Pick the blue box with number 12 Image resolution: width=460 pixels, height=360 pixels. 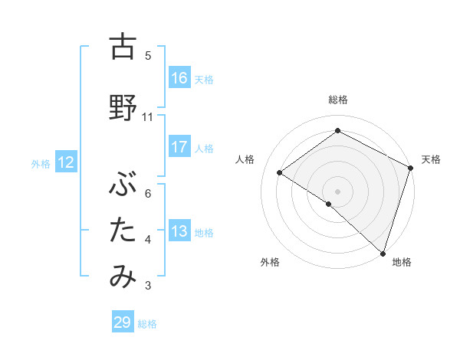tap(65, 162)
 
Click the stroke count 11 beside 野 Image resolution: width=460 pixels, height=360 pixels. tap(148, 116)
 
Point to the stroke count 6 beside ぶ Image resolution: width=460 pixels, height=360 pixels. tap(148, 193)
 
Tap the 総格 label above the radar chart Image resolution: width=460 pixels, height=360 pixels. tap(338, 100)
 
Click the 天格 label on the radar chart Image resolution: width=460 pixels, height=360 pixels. tap(431, 159)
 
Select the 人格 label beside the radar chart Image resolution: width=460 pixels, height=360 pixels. tap(245, 159)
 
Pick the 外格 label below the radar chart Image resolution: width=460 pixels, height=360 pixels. tap(270, 262)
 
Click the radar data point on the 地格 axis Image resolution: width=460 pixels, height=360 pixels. tap(383, 253)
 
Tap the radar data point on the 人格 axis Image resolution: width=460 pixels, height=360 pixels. tap(280, 172)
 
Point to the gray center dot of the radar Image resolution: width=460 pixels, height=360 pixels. tap(338, 191)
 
